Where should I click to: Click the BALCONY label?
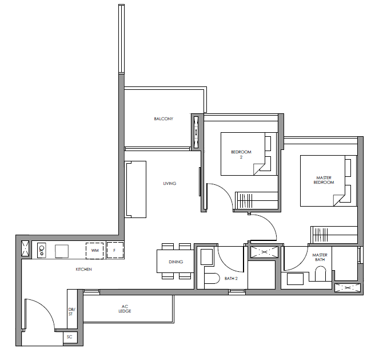pyautogui.click(x=163, y=118)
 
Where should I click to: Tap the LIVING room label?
pyautogui.click(x=170, y=183)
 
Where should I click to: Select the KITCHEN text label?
pyautogui.click(x=83, y=269)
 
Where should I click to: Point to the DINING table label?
pyautogui.click(x=176, y=262)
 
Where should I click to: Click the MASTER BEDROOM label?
pyautogui.click(x=324, y=180)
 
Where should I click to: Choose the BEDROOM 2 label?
pyautogui.click(x=241, y=155)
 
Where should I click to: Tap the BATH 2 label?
pyautogui.click(x=231, y=279)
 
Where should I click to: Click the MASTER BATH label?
pyautogui.click(x=320, y=257)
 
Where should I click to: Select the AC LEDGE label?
pyautogui.click(x=125, y=308)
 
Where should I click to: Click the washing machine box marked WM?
pyautogui.click(x=95, y=251)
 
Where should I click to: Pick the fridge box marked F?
pyautogui.click(x=115, y=251)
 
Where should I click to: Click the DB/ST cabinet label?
pyautogui.click(x=71, y=311)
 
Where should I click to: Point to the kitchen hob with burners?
pyautogui.click(x=42, y=250)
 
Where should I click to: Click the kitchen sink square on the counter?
pyautogui.click(x=62, y=251)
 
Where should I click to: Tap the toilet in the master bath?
pyautogui.click(x=320, y=274)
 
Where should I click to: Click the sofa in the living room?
pyautogui.click(x=136, y=189)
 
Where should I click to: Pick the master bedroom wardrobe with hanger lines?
pyautogui.click(x=334, y=235)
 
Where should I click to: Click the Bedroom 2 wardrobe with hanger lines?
pyautogui.click(x=256, y=200)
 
